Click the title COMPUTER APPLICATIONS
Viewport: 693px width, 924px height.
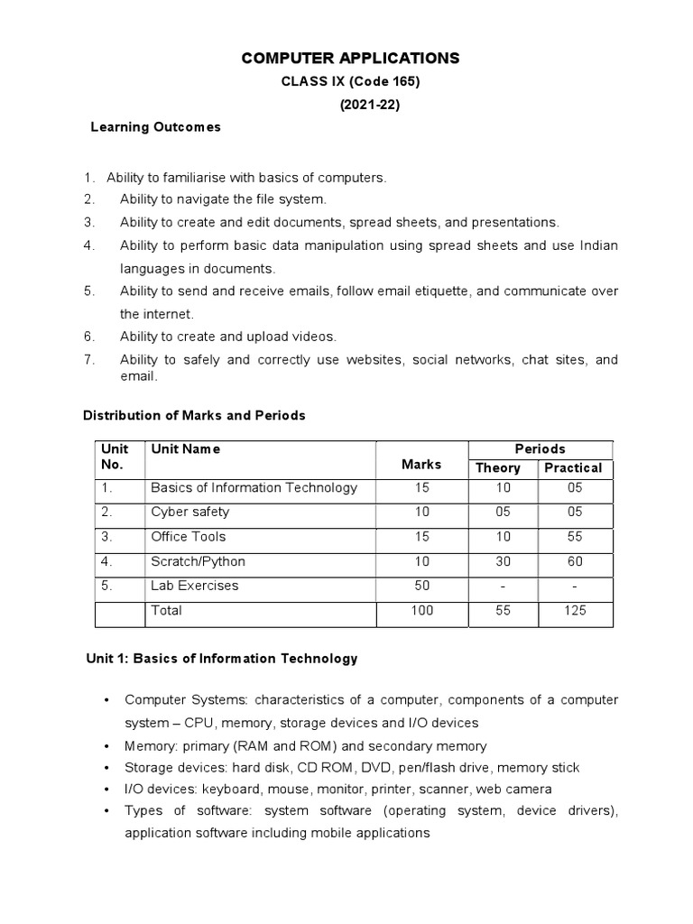[x=351, y=59]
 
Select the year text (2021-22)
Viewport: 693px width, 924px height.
[x=368, y=105]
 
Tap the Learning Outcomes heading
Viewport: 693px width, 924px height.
[x=155, y=127]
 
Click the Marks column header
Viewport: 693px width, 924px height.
[x=421, y=464]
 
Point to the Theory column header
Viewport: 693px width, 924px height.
[x=498, y=467]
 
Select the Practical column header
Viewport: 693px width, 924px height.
[x=572, y=467]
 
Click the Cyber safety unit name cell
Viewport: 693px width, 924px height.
[x=190, y=512]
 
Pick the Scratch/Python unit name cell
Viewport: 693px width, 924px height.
[x=198, y=561]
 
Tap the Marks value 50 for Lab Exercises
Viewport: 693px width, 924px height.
[x=421, y=586]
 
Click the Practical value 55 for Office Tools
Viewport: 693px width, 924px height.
[x=575, y=536]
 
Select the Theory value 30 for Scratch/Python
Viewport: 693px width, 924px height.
[x=503, y=561]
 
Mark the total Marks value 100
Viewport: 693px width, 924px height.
[x=421, y=611]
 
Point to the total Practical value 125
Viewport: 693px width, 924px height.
[x=575, y=611]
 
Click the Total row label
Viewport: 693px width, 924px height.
[x=167, y=611]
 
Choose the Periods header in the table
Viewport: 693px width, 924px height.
[x=540, y=448]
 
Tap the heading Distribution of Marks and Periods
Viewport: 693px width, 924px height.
[x=194, y=416]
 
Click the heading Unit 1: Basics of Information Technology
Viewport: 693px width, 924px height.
[x=220, y=659]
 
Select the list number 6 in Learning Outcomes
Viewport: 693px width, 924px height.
[x=88, y=337]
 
